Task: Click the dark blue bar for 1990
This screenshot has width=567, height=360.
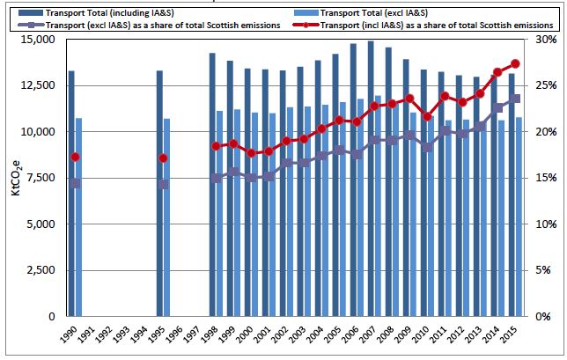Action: click(71, 194)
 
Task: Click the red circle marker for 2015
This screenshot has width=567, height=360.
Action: click(515, 63)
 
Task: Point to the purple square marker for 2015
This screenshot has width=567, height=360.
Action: click(515, 99)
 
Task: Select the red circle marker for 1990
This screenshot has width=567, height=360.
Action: click(75, 158)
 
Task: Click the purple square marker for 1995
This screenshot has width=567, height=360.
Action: click(163, 185)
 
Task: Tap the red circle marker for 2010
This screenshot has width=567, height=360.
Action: click(427, 116)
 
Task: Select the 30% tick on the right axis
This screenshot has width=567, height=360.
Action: click(545, 40)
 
